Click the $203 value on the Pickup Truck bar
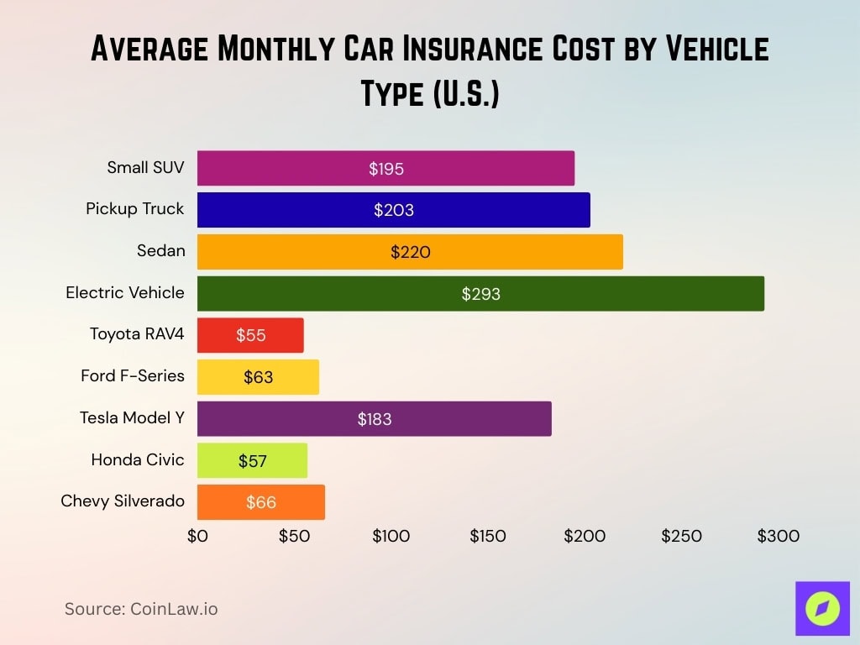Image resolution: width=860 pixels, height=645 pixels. pyautogui.click(x=394, y=210)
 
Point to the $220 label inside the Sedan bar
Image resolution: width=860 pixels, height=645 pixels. pyautogui.click(x=410, y=252)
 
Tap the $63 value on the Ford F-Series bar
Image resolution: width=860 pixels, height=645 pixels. pyautogui.click(x=259, y=377)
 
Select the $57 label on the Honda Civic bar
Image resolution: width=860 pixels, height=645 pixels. pyautogui.click(x=253, y=460)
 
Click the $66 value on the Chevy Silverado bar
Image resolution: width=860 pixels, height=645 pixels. pyautogui.click(x=261, y=502)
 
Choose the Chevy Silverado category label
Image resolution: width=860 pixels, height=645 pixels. pyautogui.click(x=123, y=501)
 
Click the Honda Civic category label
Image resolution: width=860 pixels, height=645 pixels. pyautogui.click(x=138, y=459)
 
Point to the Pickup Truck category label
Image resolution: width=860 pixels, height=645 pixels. pyautogui.click(x=134, y=209)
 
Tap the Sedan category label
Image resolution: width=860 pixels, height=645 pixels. pyautogui.click(x=160, y=250)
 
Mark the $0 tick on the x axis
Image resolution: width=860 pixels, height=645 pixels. pyautogui.click(x=197, y=536)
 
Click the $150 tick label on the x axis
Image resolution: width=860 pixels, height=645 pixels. pyautogui.click(x=488, y=536)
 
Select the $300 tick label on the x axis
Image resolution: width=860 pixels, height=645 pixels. pyautogui.click(x=778, y=536)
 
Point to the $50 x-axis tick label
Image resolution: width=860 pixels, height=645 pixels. pyautogui.click(x=294, y=536)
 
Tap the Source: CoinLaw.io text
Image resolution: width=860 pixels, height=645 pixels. pyautogui.click(x=141, y=609)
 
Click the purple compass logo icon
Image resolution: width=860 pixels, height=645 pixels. pyautogui.click(x=822, y=608)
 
